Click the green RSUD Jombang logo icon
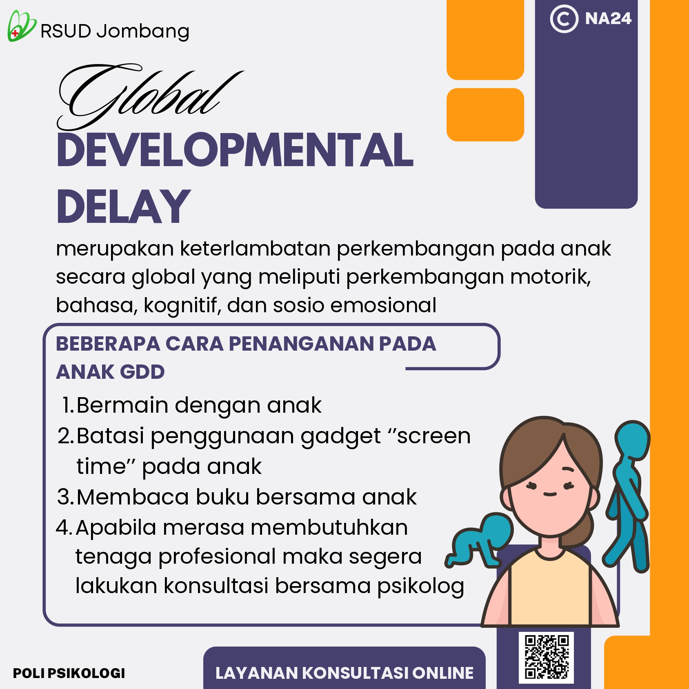(21, 26)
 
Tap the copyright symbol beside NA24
(564, 19)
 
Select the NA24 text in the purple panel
(608, 19)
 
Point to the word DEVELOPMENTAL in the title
(235, 150)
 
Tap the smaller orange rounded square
(485, 115)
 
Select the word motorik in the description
(550, 277)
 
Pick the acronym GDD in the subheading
(142, 372)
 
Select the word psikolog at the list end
(420, 587)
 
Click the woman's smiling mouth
(550, 494)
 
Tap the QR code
(547, 657)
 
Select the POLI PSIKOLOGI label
(69, 673)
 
